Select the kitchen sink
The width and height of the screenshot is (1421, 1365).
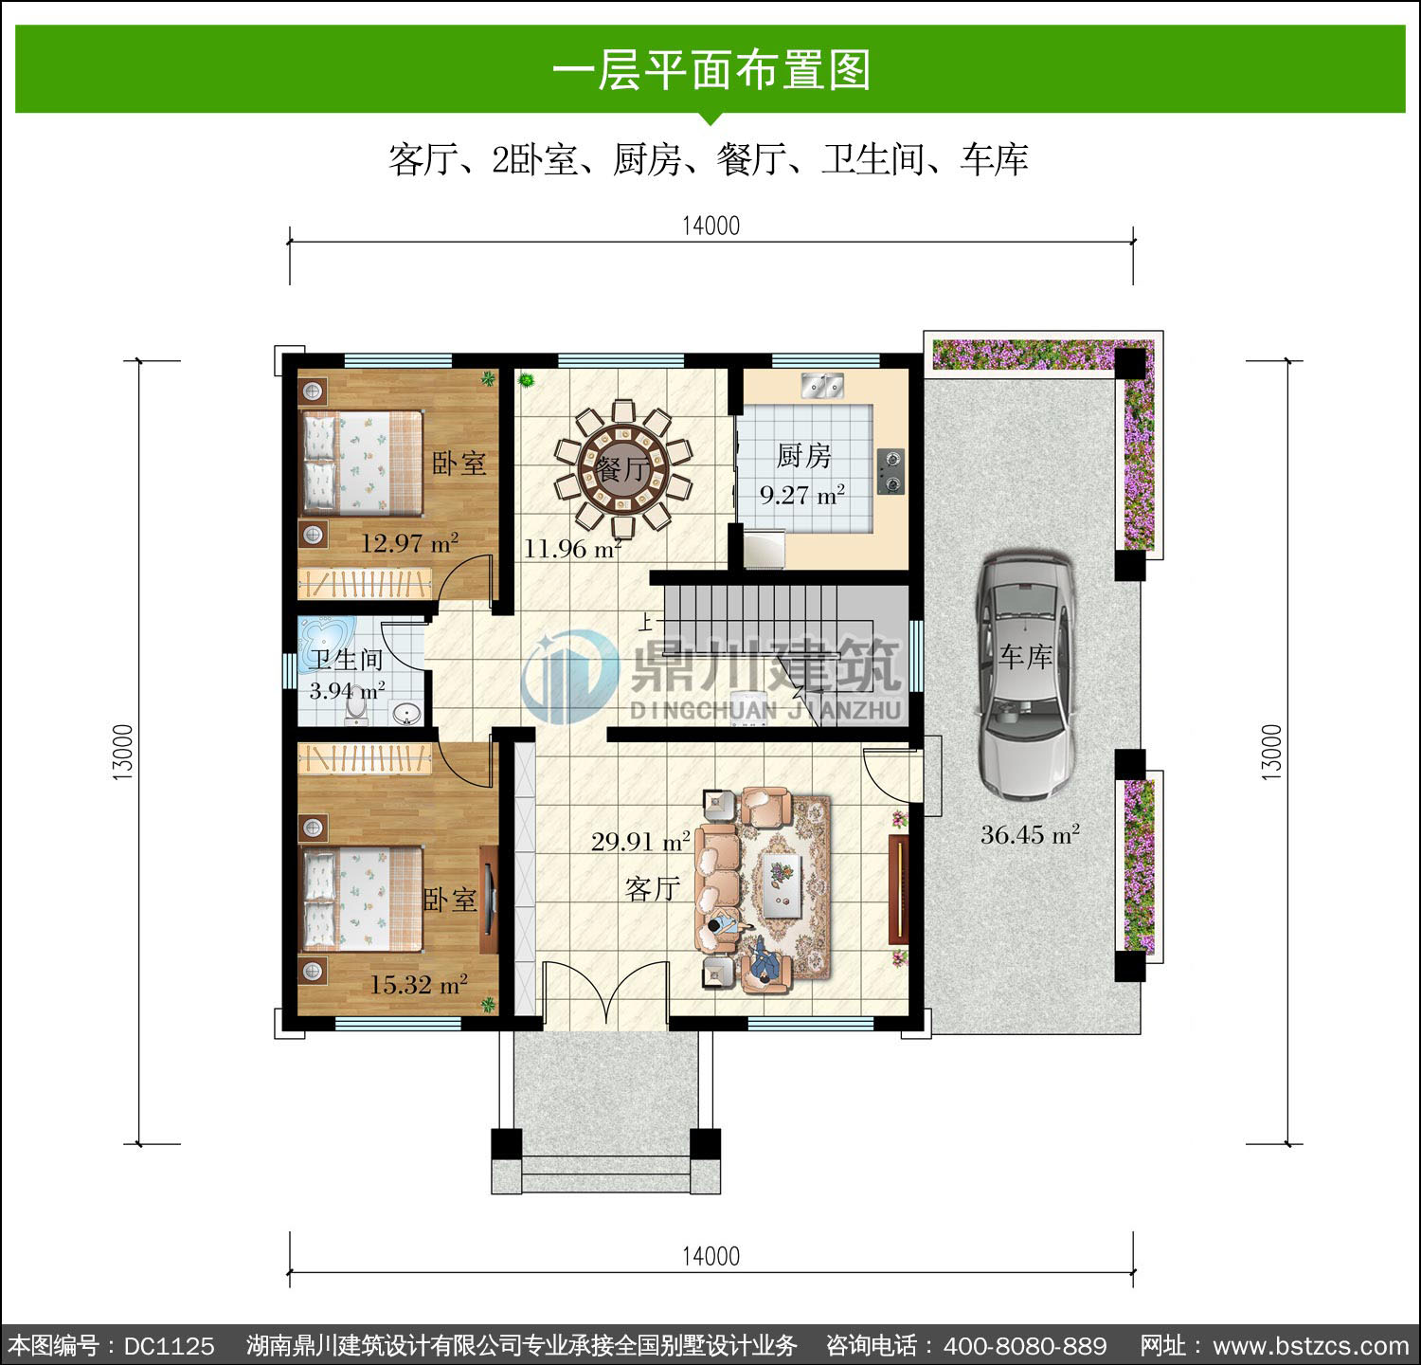[822, 385]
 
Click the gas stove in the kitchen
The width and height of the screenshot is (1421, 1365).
[890, 471]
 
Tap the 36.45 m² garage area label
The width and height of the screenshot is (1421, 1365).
[1030, 834]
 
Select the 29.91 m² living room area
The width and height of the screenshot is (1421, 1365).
[640, 841]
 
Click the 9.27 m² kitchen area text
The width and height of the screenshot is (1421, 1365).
[802, 494]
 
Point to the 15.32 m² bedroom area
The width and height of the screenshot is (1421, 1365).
[419, 984]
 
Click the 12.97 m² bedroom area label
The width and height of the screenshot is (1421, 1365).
[409, 543]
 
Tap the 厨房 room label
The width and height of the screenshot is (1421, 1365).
[803, 456]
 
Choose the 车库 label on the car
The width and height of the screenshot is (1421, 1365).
[1026, 656]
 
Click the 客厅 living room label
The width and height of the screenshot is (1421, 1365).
[653, 888]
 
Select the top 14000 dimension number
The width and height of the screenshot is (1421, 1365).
[710, 226]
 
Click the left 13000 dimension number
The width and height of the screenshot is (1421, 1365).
[124, 753]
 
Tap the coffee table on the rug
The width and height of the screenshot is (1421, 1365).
[782, 885]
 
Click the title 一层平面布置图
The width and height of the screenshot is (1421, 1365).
[710, 70]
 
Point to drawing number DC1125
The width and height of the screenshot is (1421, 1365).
[170, 1346]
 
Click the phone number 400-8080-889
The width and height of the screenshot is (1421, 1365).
[1025, 1346]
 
